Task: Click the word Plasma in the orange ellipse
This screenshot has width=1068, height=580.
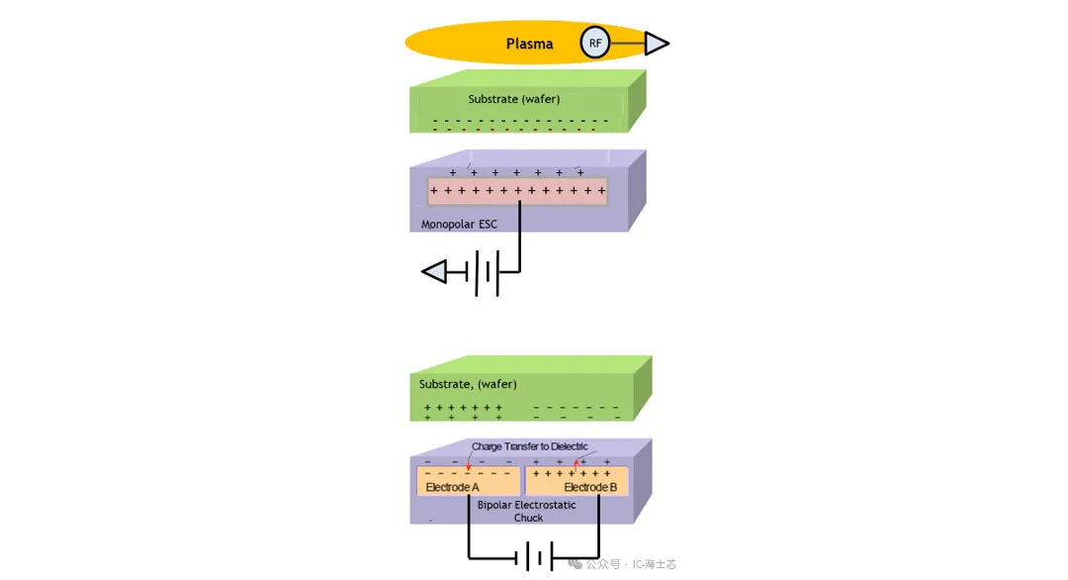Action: (x=529, y=44)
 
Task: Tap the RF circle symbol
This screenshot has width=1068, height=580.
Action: (x=595, y=43)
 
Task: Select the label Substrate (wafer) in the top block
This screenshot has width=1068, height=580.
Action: (x=514, y=99)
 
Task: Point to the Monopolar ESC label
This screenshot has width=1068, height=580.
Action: (x=459, y=224)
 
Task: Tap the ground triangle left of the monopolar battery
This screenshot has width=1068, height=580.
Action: (x=435, y=271)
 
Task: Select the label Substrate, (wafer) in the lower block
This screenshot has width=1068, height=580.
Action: (x=468, y=384)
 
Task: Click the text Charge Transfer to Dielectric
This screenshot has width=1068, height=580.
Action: (x=530, y=446)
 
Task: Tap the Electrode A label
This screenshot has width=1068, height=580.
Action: (x=452, y=488)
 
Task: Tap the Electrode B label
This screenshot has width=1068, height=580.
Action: (x=590, y=488)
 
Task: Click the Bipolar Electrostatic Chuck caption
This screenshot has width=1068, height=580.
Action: (x=526, y=511)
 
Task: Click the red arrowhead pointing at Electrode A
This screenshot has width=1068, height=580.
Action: (x=469, y=466)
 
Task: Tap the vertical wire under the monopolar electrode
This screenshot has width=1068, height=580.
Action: (x=518, y=238)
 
